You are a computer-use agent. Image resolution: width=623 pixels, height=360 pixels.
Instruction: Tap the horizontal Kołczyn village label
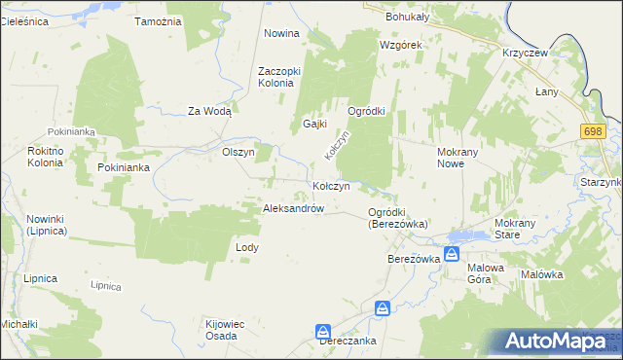[x=338, y=186]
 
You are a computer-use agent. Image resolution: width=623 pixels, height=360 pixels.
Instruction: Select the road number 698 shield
[x=593, y=130]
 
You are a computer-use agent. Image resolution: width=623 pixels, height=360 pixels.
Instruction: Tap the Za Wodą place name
[x=209, y=111]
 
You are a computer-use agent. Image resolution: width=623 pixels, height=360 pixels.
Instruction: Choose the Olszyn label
[x=238, y=153]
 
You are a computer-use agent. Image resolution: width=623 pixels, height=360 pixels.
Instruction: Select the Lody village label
[x=247, y=247]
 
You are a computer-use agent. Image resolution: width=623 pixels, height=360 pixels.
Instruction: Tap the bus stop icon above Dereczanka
[x=323, y=331]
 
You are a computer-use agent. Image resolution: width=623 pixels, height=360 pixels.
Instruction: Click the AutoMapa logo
[x=560, y=341]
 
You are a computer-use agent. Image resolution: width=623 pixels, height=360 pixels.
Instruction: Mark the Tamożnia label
[x=159, y=21]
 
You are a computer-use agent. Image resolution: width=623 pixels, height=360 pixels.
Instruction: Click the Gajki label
[x=313, y=125]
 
